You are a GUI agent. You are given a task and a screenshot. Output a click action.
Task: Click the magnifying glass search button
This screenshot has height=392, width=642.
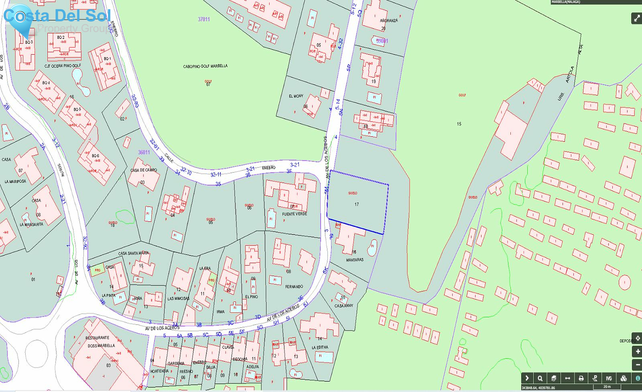point(540,378)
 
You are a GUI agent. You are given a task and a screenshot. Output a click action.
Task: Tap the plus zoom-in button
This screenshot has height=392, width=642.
point(637,351)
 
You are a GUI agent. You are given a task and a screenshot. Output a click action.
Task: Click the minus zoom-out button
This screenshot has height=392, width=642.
point(637,365)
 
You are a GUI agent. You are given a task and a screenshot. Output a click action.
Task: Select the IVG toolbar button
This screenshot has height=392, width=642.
point(609,378)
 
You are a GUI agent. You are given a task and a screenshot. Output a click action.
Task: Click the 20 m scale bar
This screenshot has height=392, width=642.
point(607,387)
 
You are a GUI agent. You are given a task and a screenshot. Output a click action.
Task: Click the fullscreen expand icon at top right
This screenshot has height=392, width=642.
point(637,18)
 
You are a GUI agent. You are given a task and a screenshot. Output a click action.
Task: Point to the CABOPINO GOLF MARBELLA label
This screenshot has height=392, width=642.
point(205,66)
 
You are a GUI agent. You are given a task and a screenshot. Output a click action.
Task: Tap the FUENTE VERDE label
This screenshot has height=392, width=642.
point(294,214)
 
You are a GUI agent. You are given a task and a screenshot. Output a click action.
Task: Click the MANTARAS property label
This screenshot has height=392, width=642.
point(355,260)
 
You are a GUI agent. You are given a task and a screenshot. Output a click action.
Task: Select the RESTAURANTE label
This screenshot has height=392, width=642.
point(97,337)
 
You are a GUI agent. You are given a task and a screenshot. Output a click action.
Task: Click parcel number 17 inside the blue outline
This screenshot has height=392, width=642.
point(356,204)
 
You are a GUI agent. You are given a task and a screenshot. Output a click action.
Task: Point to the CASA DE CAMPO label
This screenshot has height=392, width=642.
point(143,170)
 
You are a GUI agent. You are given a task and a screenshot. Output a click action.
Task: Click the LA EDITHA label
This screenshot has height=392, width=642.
point(320,347)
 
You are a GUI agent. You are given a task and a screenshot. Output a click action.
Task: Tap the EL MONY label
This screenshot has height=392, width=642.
point(296,96)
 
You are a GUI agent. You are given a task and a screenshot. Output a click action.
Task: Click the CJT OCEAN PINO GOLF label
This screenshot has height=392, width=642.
point(63,66)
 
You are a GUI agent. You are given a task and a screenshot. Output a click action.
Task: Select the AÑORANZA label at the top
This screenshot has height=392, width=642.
point(388,21)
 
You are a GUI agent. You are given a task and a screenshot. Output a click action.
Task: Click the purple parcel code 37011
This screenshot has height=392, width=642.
point(204,19)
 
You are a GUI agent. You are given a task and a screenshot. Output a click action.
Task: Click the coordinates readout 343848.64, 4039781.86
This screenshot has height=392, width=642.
point(538,388)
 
